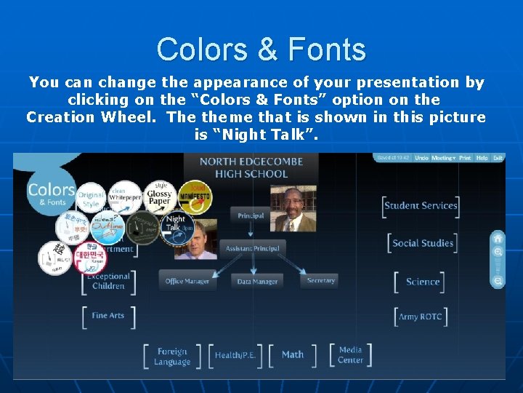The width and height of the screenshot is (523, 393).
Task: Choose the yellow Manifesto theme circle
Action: coord(195,196)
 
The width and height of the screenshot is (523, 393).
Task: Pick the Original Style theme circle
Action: coord(92,198)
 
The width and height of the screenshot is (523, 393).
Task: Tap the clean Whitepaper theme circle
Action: coord(124,195)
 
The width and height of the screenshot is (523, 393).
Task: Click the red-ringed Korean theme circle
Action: coord(91,257)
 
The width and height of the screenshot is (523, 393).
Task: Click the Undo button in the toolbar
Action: coord(421,158)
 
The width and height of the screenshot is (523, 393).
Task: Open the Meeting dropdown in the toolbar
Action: coord(442,158)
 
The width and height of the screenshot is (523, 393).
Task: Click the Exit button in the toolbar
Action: coord(498,158)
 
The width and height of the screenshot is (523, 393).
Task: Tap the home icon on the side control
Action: coord(498,238)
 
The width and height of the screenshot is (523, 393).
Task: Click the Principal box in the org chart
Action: coord(251,215)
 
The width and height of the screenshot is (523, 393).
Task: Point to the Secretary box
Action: coord(320,280)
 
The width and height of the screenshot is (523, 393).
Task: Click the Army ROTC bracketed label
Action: coord(420,317)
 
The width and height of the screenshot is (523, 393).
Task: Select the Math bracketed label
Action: coord(293,354)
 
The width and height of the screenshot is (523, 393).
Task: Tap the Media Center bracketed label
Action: coord(350,354)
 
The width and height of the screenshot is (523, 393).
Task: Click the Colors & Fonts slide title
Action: coord(261,49)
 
